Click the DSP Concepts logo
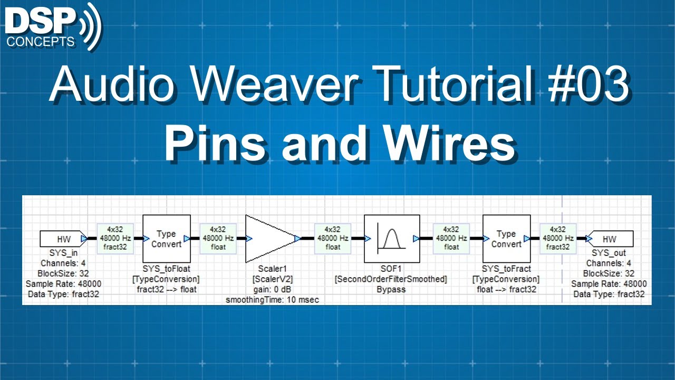pos(53,26)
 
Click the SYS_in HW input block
pos(63,239)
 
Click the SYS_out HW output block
pos(610,239)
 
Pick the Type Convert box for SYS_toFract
pos(506,239)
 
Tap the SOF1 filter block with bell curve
pos(391,239)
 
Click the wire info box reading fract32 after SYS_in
pos(115,238)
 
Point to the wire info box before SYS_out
pos(557,238)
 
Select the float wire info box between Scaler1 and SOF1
pos(333,238)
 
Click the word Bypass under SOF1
pos(391,289)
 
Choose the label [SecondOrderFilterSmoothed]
pos(391,279)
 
